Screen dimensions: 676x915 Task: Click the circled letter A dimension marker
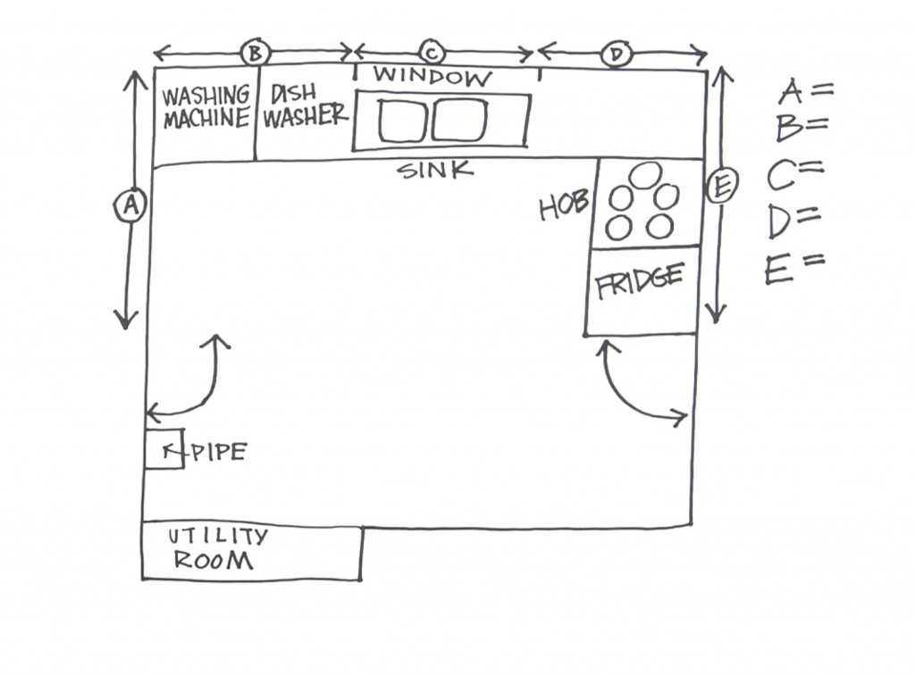pos(130,206)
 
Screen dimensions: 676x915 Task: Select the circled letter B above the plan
pos(255,54)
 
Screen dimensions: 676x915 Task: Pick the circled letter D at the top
pos(616,54)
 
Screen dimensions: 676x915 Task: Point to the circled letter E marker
pos(720,188)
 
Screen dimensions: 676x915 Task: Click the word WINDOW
pos(432,77)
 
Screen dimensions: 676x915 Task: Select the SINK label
pos(435,171)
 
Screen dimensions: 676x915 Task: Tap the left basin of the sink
pos(400,121)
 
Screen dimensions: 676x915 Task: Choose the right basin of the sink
pos(459,120)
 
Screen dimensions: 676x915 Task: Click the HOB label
pos(564,207)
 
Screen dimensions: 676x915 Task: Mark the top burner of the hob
pos(644,175)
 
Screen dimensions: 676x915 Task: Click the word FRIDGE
pos(640,281)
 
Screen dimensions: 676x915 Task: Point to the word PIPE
pos(219,452)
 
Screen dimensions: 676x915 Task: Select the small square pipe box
pos(164,449)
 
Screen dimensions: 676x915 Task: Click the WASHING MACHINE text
pos(206,107)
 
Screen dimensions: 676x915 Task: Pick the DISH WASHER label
pos(303,106)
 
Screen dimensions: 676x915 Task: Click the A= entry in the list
pos(805,91)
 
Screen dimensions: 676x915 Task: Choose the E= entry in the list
pos(794,267)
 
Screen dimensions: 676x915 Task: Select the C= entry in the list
pos(794,174)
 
